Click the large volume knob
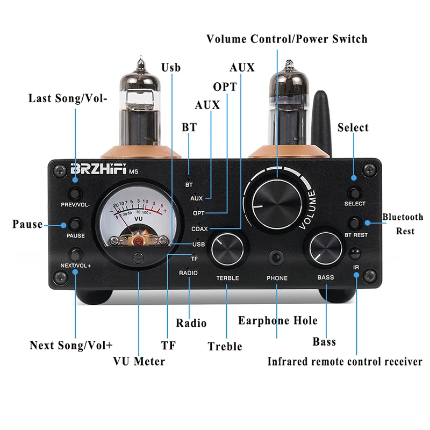(277, 199)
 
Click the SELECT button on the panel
(354, 192)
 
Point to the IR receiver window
(355, 253)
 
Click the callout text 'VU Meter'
(139, 361)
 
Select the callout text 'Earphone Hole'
(278, 321)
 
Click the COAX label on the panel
(199, 228)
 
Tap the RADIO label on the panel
(188, 273)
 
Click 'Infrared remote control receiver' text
(345, 362)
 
